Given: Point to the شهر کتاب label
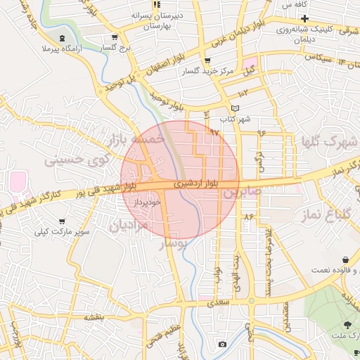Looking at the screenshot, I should click(236, 120).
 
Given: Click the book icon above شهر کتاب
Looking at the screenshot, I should click(236, 108).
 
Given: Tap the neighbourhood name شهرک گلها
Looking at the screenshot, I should click(328, 141).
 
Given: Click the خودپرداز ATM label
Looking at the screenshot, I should click(148, 202).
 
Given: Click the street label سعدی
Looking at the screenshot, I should click(215, 302).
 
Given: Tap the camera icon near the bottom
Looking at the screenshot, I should click(222, 344).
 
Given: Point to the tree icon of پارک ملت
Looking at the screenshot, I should click(347, 325).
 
